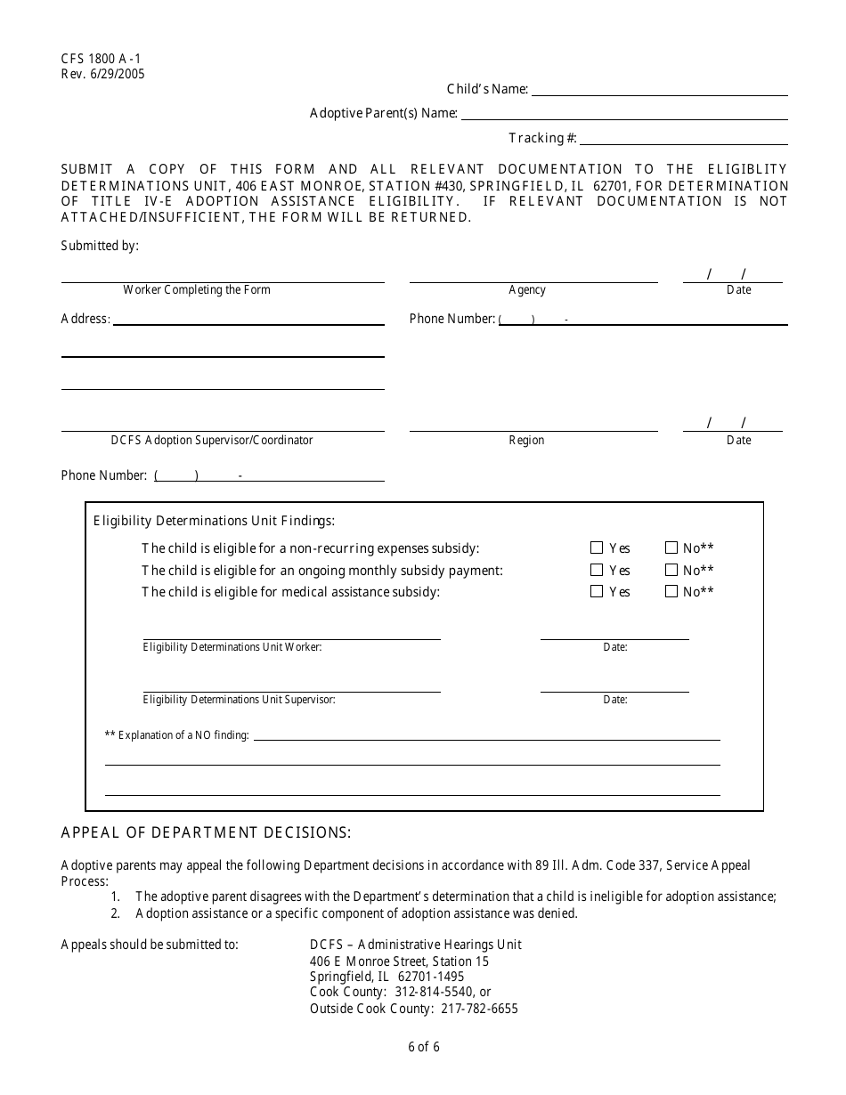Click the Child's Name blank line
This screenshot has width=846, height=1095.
point(659,94)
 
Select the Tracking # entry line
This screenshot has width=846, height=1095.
point(683,143)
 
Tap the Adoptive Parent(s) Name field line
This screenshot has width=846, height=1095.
point(623,118)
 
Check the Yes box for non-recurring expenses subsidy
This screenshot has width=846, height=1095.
point(597,548)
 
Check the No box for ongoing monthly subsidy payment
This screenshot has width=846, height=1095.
point(671,570)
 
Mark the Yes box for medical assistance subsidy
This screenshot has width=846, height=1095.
point(597,591)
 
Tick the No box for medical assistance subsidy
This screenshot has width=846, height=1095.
point(671,591)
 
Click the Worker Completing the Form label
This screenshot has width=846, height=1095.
point(197,290)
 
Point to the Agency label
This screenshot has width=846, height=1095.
point(527,290)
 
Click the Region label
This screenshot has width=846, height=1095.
point(526,441)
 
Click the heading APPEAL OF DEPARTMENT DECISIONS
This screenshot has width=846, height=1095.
point(206,833)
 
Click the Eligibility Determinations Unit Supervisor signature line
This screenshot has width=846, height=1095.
point(291,691)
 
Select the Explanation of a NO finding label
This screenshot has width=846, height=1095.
point(177,735)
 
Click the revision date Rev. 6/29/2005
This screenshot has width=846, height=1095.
point(102,74)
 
